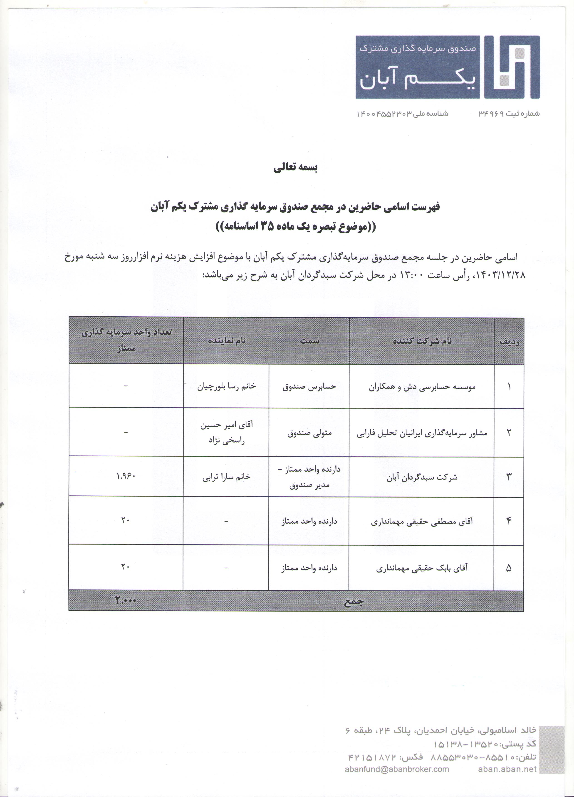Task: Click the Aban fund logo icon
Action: pos(512,67)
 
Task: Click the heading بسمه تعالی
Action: pos(296,168)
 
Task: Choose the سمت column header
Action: pos(309,340)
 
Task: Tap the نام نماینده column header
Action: pos(226,340)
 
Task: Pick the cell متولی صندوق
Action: pos(309,433)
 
